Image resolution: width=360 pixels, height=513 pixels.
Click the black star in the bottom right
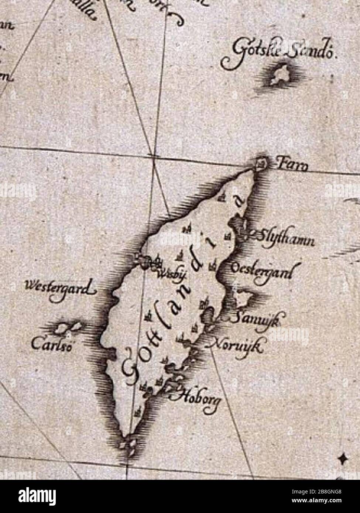coord(343,458)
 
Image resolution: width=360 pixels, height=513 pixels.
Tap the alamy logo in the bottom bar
coord(39,496)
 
